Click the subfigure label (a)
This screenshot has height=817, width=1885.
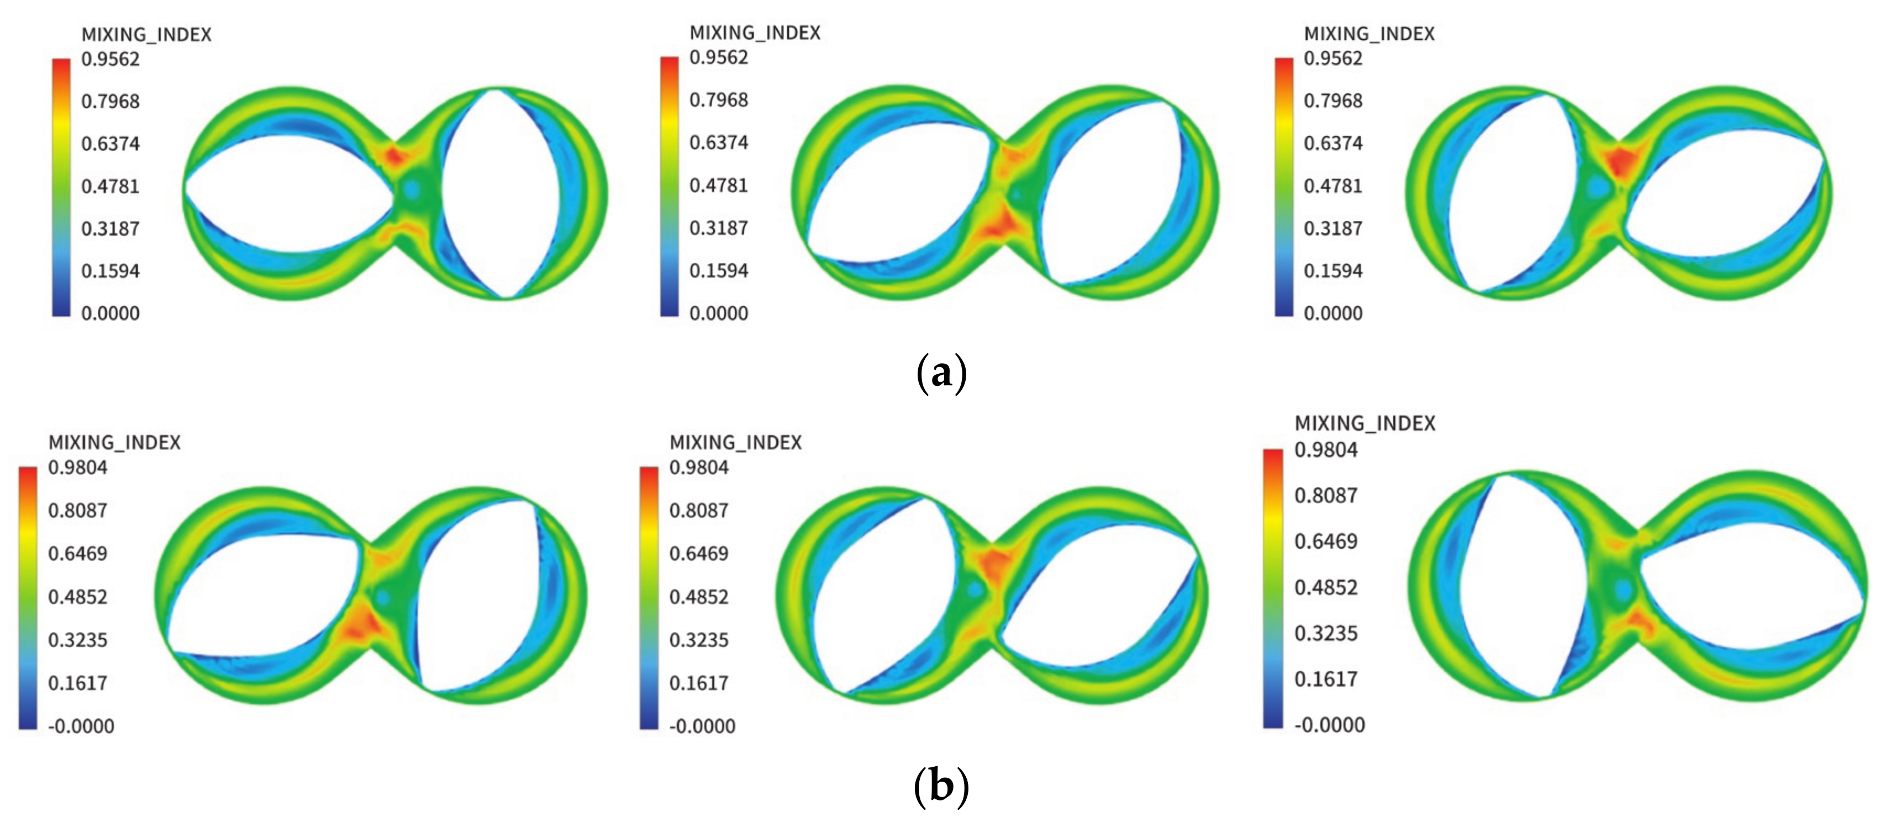pos(942,373)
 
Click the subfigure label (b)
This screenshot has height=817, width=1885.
pos(942,786)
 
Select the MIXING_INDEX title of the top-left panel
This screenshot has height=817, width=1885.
pos(146,34)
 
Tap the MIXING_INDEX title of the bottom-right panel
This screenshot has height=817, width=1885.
pos(1365,423)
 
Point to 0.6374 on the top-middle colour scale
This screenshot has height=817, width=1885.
pos(719,142)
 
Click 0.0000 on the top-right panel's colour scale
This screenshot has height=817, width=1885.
pos(1333,313)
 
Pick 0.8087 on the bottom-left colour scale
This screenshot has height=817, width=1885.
pos(77,510)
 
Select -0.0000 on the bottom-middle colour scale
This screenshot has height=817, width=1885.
pos(703,726)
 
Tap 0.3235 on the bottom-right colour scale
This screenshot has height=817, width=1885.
pos(1325,633)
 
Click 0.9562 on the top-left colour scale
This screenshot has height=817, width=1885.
pos(110,59)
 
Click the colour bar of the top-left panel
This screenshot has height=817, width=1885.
pos(61,187)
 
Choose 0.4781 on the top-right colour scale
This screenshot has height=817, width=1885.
pos(1333,186)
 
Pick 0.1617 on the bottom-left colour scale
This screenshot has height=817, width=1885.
pos(77,683)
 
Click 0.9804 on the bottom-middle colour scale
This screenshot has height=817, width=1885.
pos(699,468)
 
